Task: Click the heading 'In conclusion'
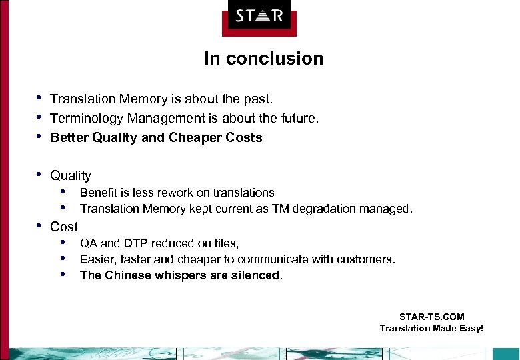(x=263, y=59)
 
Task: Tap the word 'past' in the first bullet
(x=259, y=99)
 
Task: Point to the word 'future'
(x=299, y=119)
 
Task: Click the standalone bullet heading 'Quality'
(x=70, y=176)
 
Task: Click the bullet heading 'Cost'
(x=64, y=227)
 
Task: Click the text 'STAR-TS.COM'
(x=431, y=317)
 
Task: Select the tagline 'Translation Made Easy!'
(x=431, y=328)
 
